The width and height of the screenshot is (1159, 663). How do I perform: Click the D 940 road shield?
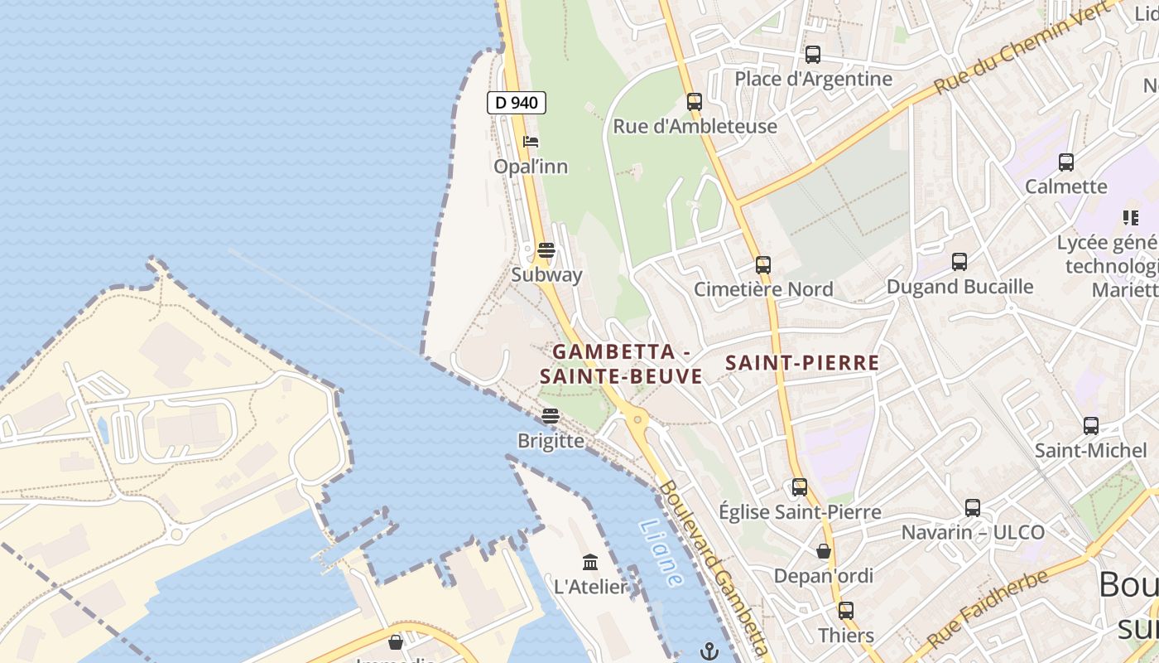(x=516, y=103)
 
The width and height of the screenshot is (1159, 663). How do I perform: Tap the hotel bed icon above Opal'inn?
(x=531, y=142)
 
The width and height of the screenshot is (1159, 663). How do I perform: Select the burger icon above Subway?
(x=546, y=249)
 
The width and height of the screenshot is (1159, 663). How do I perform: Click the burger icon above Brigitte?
(x=551, y=415)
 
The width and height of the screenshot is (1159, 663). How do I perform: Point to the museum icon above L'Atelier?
(x=590, y=563)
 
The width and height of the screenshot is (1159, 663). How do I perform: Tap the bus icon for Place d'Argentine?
(x=813, y=55)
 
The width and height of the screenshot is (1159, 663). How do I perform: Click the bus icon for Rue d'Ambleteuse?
(x=695, y=102)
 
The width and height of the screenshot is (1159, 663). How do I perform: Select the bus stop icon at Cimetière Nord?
(x=763, y=265)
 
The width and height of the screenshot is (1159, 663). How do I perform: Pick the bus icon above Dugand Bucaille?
(x=959, y=262)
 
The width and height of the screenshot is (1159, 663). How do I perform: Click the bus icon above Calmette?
(x=1066, y=162)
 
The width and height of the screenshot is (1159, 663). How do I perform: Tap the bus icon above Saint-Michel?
(x=1091, y=426)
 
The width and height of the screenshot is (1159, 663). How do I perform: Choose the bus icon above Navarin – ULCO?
(x=973, y=507)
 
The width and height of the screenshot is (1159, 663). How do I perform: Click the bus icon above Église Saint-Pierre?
(x=800, y=487)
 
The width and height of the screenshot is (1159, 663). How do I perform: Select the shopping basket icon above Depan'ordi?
(x=824, y=551)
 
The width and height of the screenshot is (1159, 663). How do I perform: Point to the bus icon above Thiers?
(x=845, y=611)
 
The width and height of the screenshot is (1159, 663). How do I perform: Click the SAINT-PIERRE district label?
(x=802, y=363)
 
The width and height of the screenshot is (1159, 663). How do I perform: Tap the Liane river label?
(x=661, y=553)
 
